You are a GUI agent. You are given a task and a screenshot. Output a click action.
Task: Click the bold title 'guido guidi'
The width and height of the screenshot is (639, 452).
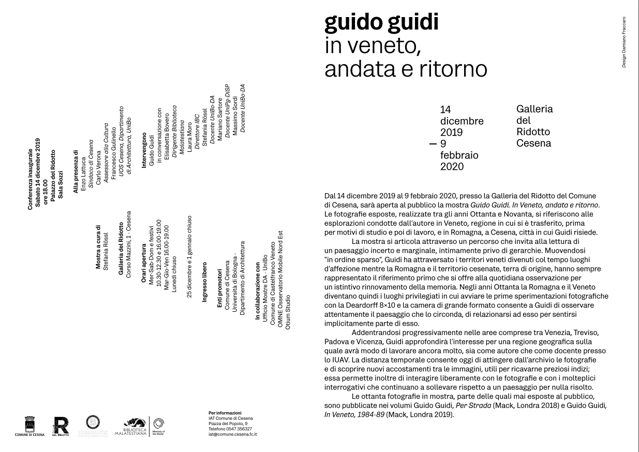[x=381, y=23]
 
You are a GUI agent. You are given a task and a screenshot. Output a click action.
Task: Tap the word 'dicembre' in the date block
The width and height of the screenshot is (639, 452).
[x=462, y=121]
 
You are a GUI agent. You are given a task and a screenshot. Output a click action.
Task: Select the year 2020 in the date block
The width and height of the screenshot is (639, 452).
[x=452, y=166]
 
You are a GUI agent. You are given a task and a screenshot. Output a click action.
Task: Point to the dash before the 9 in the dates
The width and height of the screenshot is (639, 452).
[x=433, y=143]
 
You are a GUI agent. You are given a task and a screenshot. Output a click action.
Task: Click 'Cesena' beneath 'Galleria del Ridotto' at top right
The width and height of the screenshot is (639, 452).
[x=533, y=143]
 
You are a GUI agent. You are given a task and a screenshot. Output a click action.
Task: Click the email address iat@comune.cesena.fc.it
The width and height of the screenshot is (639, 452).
[x=232, y=434]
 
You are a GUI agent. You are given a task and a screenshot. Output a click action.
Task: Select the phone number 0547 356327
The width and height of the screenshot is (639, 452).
[x=237, y=429]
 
